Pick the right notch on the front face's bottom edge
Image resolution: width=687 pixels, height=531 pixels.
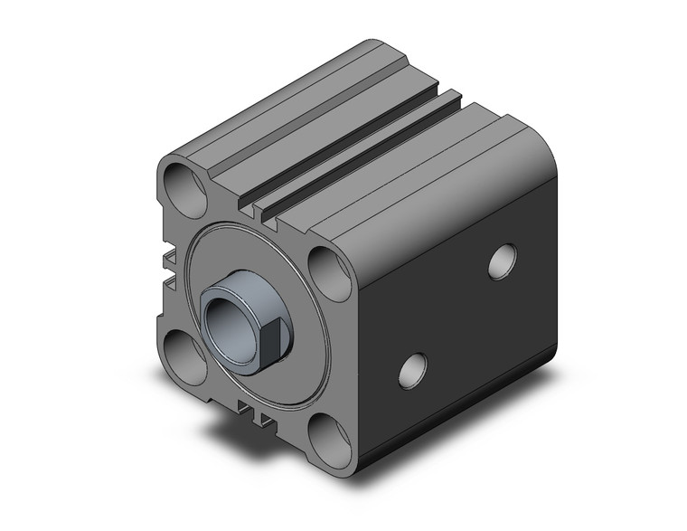coord(263,416)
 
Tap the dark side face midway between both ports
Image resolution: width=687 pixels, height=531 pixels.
coord(456,317)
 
